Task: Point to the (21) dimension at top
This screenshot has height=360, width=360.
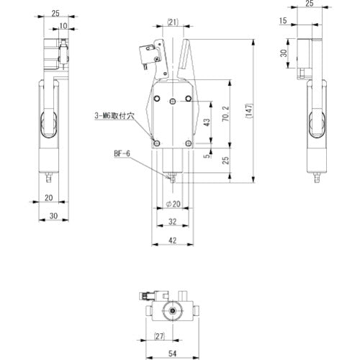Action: click(171, 22)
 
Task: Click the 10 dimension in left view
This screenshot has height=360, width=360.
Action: click(65, 26)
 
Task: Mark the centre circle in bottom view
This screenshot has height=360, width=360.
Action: click(173, 311)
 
